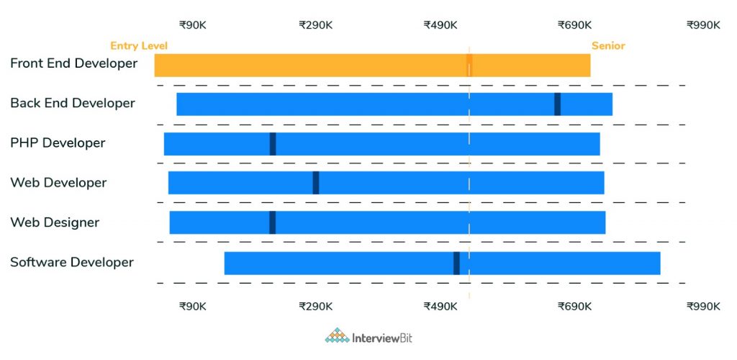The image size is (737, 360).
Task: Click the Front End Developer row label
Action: point(73,63)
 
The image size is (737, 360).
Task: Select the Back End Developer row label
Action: point(73,103)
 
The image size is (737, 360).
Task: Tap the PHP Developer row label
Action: point(58,143)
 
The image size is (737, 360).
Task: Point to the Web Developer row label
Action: point(58,182)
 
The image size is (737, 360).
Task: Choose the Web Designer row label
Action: point(55,222)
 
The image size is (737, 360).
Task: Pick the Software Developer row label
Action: point(72,261)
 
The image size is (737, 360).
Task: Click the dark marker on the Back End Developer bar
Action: point(558,104)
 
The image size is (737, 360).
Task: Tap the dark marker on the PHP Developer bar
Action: point(273,143)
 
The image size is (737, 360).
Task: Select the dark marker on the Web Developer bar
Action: point(316,183)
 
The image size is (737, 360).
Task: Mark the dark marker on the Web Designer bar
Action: point(273,222)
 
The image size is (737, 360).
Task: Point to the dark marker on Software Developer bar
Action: point(457,263)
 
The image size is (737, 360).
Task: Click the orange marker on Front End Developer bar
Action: point(469,65)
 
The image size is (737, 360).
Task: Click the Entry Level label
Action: point(139,46)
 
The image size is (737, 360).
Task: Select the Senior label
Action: point(608,46)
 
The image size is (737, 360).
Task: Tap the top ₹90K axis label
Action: point(193,25)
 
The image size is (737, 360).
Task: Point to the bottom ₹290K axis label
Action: point(316,306)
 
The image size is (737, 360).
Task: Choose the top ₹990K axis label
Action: point(703,25)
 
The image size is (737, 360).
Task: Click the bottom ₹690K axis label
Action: point(574,306)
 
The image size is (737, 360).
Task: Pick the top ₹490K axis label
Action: point(440,25)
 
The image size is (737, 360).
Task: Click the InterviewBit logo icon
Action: point(336,336)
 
